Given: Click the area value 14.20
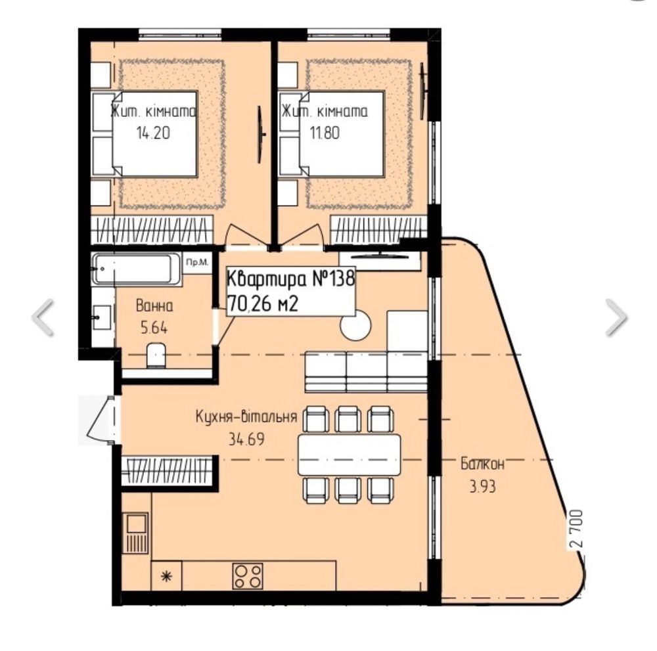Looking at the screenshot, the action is point(153,133).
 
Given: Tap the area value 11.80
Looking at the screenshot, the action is point(325,133).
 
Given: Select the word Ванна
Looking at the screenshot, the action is point(154,306).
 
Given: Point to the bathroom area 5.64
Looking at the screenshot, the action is point(154,328).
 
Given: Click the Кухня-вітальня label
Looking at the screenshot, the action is point(246,416).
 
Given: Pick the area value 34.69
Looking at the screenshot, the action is point(246,439).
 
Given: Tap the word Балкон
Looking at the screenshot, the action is point(482,464).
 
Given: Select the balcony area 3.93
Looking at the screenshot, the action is point(482,486).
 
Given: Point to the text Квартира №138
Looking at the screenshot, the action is point(291,278).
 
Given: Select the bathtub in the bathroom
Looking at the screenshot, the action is point(137,269).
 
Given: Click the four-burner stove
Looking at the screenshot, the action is point(248,576).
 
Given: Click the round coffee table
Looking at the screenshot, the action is point(355,325).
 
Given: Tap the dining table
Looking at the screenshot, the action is point(349,455).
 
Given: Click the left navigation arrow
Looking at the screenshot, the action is point(43,317).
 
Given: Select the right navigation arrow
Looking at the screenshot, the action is point(616,317).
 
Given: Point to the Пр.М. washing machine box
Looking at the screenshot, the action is point(197,263).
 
